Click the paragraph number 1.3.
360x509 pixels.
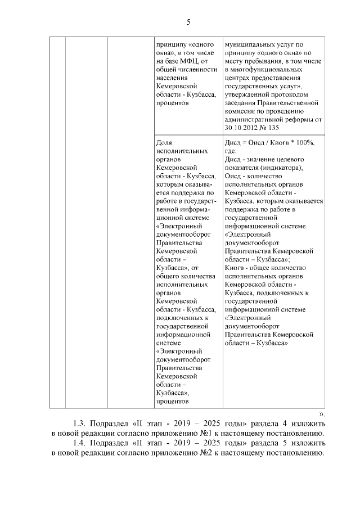[x=80, y=422]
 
